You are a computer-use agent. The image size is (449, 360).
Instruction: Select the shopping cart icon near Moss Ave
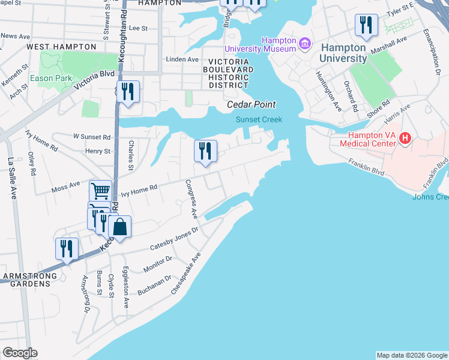(x=101, y=191)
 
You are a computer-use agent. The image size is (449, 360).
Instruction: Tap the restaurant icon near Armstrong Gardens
(x=67, y=248)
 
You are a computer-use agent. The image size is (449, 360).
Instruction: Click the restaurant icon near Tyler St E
(x=366, y=25)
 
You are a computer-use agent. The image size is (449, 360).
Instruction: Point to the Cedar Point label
(x=251, y=104)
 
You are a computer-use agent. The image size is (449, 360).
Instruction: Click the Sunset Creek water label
(x=258, y=119)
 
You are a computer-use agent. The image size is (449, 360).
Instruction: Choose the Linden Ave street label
(x=182, y=59)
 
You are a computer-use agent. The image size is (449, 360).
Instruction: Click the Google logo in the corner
(x=20, y=353)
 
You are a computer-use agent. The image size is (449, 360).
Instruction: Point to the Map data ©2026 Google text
(x=411, y=355)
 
